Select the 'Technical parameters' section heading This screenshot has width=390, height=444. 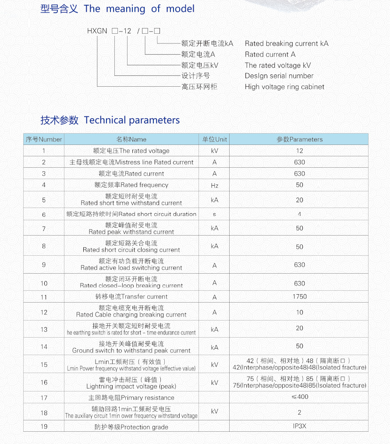coord(131,120)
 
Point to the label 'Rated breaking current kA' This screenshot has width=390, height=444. coord(286,43)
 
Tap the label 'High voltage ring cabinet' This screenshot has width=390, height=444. coord(284,87)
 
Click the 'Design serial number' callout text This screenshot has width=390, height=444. coord(279,76)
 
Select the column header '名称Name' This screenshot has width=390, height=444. coord(131,139)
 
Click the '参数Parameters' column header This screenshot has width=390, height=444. coord(299,139)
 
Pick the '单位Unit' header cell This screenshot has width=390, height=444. coord(214,139)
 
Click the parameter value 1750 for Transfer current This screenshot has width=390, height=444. coord(299,296)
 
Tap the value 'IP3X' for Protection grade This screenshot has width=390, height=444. coord(299,426)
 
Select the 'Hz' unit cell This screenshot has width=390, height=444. coord(214,185)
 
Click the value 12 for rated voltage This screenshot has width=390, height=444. coord(299,151)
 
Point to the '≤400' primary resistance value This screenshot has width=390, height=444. coord(299,397)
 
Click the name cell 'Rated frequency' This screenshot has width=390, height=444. coord(131,185)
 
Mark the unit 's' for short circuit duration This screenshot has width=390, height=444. coord(214,214)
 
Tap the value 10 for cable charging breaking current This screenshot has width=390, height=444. coord(299,312)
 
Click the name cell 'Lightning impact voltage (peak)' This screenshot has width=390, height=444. coord(131,383)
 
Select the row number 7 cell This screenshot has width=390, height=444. coord(44,229)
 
